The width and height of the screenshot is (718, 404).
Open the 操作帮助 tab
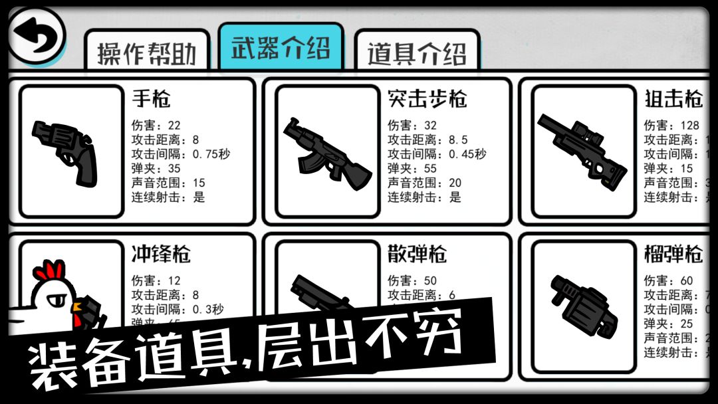click(x=147, y=53)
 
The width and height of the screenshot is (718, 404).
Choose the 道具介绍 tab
click(x=417, y=53)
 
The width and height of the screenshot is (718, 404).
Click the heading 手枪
click(x=151, y=99)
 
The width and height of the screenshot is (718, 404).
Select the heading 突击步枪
click(x=427, y=99)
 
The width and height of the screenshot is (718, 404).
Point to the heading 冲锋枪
click(x=161, y=254)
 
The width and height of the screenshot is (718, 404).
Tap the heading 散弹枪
click(x=417, y=254)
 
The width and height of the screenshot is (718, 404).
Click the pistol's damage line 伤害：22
click(x=156, y=126)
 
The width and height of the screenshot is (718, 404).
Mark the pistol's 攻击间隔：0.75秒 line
click(x=181, y=154)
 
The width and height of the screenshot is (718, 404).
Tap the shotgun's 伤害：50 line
click(x=412, y=280)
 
